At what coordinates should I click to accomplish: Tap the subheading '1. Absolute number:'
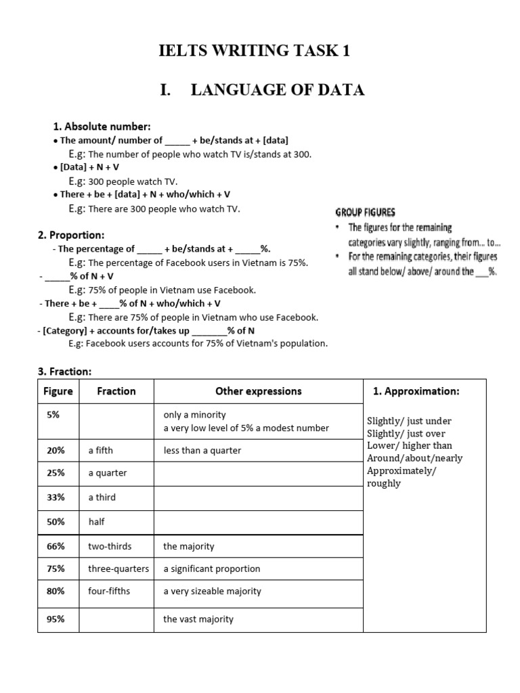tap(102, 127)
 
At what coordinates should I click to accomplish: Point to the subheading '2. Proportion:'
tap(71, 235)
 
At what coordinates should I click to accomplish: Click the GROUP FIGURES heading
tap(366, 212)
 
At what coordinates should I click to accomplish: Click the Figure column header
tap(58, 391)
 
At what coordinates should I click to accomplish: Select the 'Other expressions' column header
tap(258, 391)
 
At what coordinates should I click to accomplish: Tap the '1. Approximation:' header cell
tap(416, 391)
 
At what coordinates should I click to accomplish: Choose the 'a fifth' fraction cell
tap(102, 451)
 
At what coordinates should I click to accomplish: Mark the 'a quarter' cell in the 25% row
tap(107, 473)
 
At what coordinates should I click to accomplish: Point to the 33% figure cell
tap(56, 497)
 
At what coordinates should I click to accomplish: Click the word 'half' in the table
tap(96, 522)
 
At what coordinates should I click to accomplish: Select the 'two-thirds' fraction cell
tap(110, 546)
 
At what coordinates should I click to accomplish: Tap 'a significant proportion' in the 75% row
tap(211, 568)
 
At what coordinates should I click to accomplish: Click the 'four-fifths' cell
tap(109, 591)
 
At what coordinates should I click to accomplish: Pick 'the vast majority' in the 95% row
tap(198, 619)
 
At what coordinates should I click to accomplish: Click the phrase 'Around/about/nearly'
tap(414, 458)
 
